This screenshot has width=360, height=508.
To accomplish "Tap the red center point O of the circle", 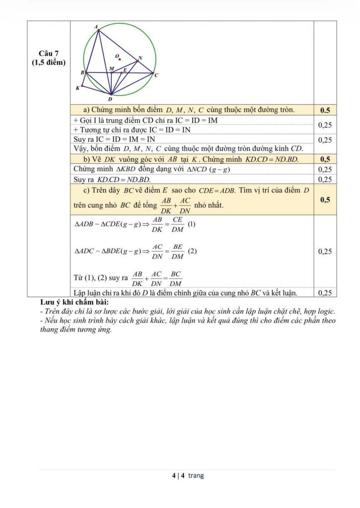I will click(x=120, y=59).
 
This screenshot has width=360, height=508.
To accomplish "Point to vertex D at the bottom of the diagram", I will click(x=111, y=93).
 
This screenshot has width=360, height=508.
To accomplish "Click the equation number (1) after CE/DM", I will click(x=192, y=224).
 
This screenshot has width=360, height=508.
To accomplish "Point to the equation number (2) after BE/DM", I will click(x=193, y=251).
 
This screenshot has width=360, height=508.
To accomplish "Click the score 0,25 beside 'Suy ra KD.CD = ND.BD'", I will click(x=325, y=179).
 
